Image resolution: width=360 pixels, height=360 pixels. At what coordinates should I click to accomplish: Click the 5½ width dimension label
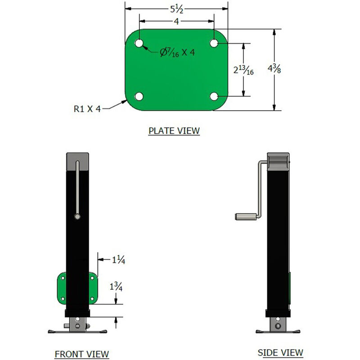click(175, 8)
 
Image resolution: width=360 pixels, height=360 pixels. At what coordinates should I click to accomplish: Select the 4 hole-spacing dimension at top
click(176, 21)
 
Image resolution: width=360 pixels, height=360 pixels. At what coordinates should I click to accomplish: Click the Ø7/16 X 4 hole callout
click(177, 52)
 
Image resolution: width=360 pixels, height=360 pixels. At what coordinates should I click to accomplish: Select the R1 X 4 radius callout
click(87, 108)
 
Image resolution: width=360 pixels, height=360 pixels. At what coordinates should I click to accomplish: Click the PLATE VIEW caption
click(174, 131)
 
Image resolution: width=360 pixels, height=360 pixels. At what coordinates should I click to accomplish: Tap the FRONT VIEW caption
click(81, 354)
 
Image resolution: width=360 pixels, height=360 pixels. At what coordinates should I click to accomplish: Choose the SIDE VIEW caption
click(280, 352)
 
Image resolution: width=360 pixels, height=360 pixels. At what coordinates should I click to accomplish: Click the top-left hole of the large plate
click(139, 43)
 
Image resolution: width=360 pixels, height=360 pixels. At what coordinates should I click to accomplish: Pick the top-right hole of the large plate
click(214, 43)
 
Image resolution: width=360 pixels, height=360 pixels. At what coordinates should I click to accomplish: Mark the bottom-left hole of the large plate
click(139, 96)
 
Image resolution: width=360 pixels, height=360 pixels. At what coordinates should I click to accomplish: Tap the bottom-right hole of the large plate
click(214, 96)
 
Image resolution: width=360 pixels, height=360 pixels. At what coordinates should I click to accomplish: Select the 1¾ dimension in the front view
click(117, 286)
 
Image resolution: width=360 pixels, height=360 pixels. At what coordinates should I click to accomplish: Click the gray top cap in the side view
click(279, 161)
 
